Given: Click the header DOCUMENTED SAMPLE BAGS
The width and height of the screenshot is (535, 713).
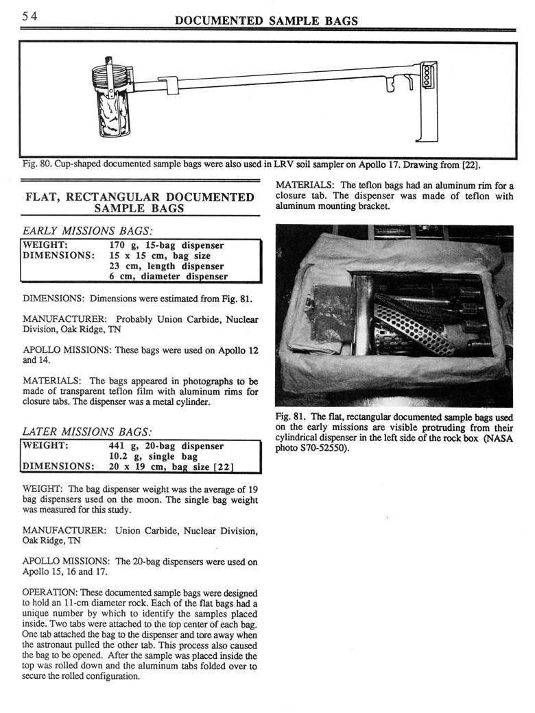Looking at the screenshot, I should click(267, 21).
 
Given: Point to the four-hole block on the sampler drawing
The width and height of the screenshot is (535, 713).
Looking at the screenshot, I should click(428, 75).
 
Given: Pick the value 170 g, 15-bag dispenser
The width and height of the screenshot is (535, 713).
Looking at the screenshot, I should click(167, 245).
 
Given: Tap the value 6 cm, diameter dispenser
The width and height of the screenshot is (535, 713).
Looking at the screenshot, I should click(169, 276).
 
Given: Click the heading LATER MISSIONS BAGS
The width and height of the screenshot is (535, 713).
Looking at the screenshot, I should click(87, 431).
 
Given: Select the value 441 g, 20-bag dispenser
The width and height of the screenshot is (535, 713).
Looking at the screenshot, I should click(167, 446).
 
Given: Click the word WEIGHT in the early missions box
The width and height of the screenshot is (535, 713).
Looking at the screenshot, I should click(44, 245).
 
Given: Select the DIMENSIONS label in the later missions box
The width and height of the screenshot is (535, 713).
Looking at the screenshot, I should click(58, 467).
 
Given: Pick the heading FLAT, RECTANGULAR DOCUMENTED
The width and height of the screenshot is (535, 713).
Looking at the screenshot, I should click(140, 198).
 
